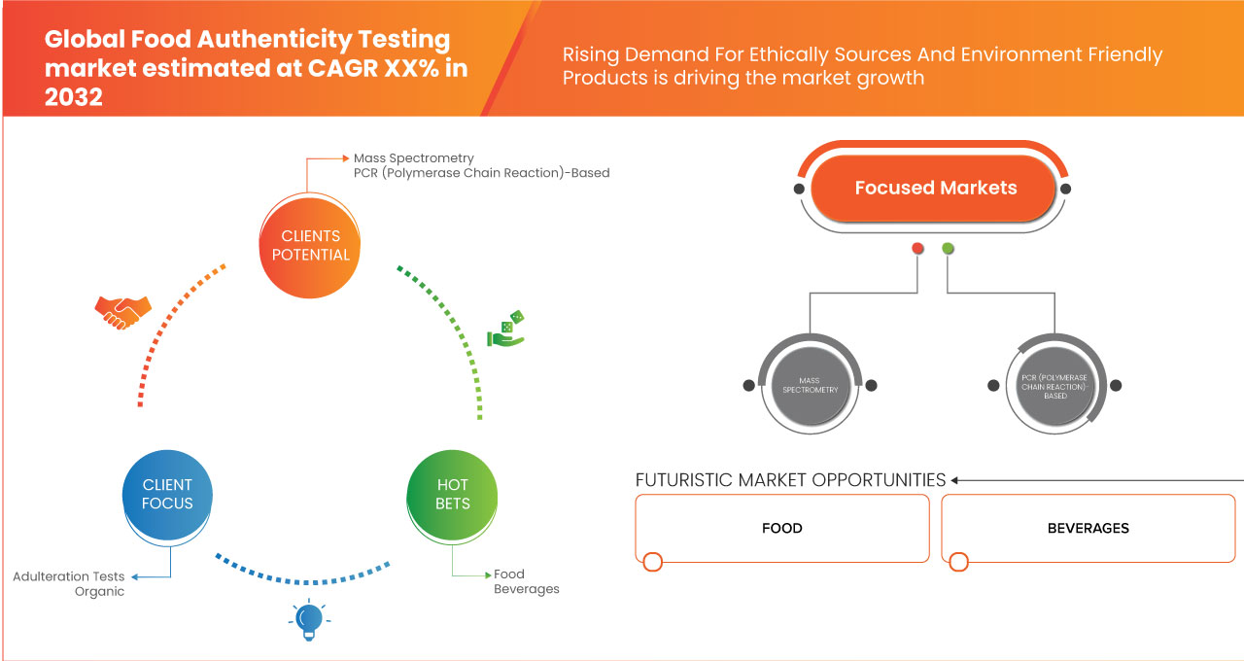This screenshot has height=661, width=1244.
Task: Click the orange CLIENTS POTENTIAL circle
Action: pos(311,245)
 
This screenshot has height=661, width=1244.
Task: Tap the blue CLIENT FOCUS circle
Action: pos(167,494)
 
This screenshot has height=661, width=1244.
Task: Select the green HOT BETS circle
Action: pos(453,494)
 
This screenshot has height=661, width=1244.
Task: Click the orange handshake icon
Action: pos(122,311)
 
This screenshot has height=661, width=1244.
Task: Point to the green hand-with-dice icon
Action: pos(505,330)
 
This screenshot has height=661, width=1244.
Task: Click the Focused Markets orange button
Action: pos(935,189)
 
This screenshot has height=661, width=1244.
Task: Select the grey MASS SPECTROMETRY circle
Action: pos(810,385)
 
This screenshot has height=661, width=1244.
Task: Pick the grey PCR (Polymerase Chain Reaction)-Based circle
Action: pos(1054,385)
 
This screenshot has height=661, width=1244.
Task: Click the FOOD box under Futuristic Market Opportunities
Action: pos(782,528)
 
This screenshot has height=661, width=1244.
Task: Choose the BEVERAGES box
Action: pos(1088,528)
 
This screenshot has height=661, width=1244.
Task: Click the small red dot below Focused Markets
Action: pos(916,249)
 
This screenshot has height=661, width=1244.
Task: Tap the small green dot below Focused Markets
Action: pos(948,249)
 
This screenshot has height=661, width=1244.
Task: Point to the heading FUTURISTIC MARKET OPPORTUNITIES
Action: pos(790,480)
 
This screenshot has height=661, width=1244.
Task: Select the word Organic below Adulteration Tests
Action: pos(99,591)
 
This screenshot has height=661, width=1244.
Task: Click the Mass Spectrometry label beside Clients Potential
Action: pos(414,157)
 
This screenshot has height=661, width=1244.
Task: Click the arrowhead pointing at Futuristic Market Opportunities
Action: pos(955,480)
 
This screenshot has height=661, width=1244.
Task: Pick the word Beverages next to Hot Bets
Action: pos(526,589)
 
